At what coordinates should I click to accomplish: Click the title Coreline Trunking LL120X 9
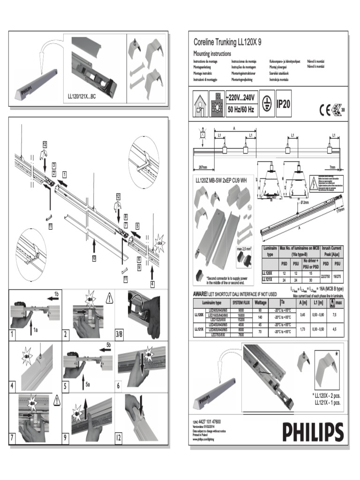click(x=227, y=42)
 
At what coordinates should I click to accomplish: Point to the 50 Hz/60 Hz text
click(x=240, y=110)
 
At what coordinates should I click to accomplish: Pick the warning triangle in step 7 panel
click(x=57, y=400)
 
